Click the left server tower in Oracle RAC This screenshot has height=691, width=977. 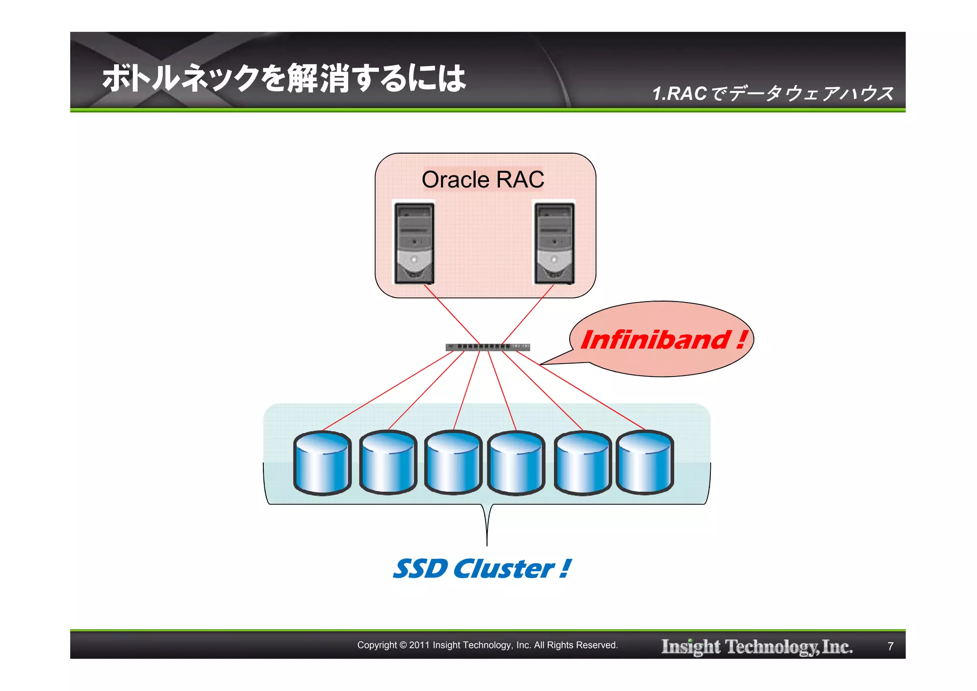(x=414, y=243)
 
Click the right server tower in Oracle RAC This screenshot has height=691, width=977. (x=554, y=243)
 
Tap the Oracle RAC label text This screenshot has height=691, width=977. (x=483, y=180)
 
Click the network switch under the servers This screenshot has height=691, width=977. (x=488, y=347)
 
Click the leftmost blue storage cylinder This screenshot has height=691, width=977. (x=322, y=462)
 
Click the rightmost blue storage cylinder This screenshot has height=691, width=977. (x=645, y=462)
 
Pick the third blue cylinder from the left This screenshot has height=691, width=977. (x=453, y=462)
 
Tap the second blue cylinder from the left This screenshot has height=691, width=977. (x=388, y=462)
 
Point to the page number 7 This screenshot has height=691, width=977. (x=890, y=646)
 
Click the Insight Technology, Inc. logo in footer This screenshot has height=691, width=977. (x=757, y=646)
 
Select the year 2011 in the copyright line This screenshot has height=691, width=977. (x=419, y=645)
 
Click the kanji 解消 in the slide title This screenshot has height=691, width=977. (x=319, y=78)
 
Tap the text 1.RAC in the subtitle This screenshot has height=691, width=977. (x=679, y=94)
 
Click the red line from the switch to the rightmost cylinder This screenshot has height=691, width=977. (x=582, y=391)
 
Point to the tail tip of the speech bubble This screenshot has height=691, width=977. (x=541, y=365)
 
